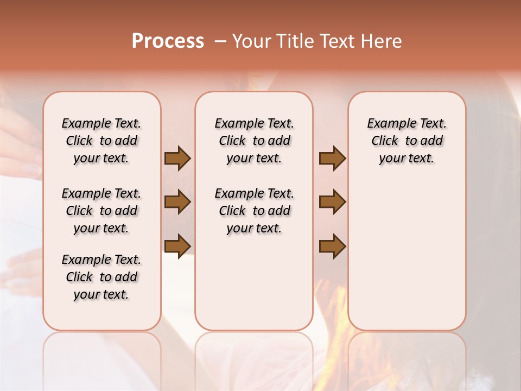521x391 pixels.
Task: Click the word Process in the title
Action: [168, 41]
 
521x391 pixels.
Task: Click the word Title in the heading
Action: [293, 41]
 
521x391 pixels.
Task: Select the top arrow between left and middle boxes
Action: [177, 159]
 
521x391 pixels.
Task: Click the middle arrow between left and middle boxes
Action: [177, 202]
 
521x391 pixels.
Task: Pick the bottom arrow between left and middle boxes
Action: [177, 246]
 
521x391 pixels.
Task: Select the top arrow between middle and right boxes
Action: [332, 159]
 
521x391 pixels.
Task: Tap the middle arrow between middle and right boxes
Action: [332, 202]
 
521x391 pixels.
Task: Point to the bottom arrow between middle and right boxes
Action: [332, 246]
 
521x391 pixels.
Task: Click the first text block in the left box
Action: [101, 141]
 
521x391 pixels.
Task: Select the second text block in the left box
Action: [101, 211]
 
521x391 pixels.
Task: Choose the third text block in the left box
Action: [101, 277]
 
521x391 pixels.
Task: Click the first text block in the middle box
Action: [254, 141]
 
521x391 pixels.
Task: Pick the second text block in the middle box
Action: [254, 211]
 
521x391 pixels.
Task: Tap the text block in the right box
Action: [406, 141]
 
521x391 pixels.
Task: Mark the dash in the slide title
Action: [220, 41]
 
